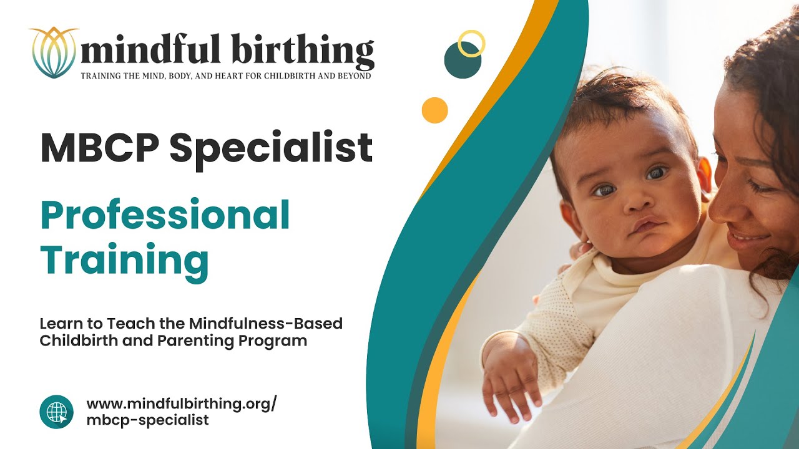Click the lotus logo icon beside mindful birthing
click(x=53, y=52)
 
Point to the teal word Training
click(x=124, y=260)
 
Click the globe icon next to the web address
click(x=56, y=412)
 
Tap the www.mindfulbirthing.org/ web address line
click(x=181, y=403)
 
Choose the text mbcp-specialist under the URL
click(x=147, y=420)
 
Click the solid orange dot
click(x=434, y=110)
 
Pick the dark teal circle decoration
click(x=462, y=60)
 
